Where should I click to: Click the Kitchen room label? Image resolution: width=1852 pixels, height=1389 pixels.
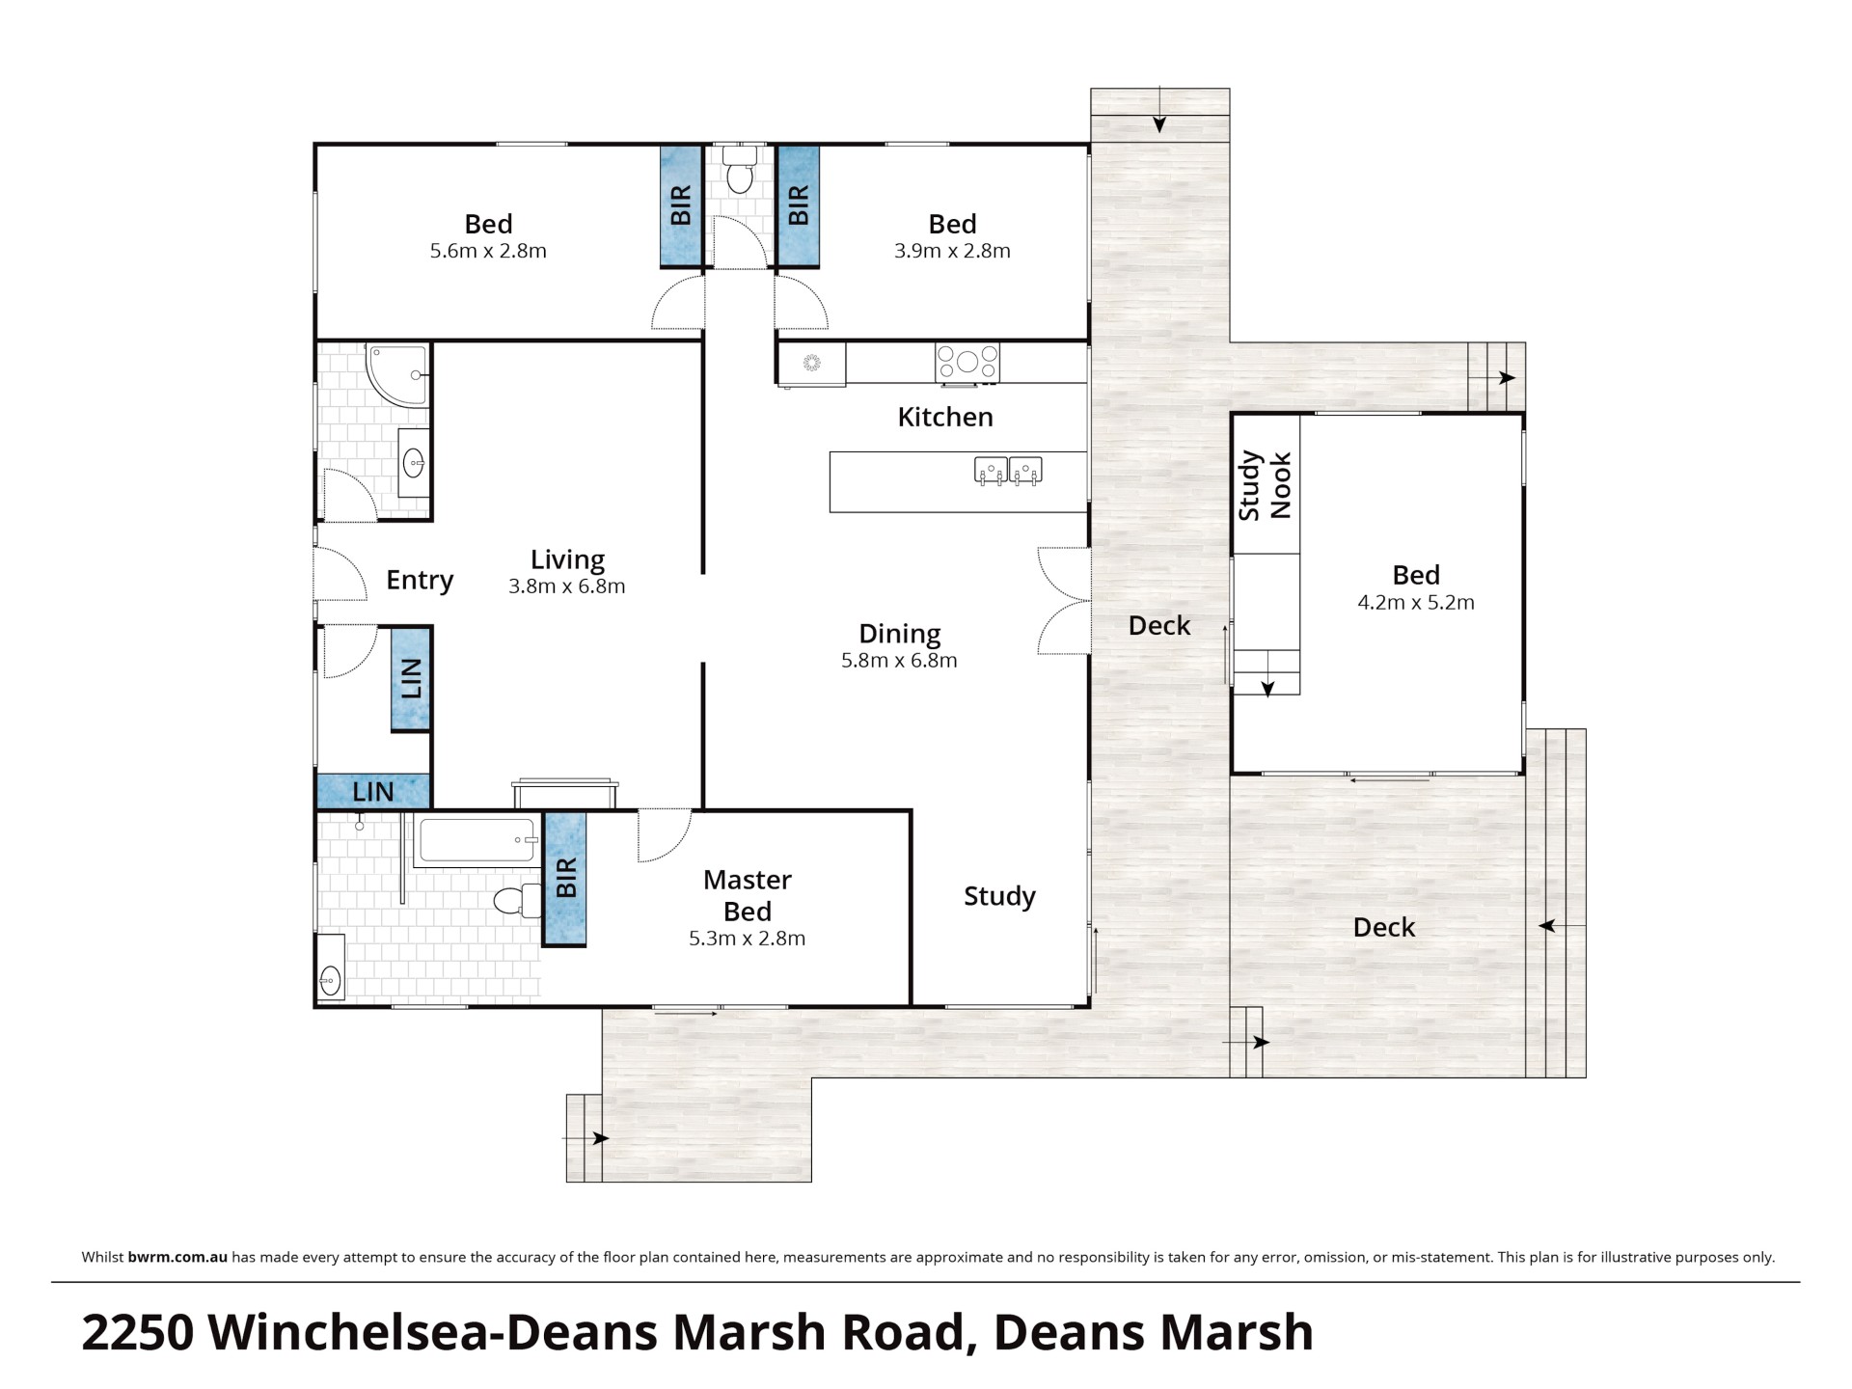tap(944, 417)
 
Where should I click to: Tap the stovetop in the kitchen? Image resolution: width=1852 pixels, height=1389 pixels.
tap(967, 363)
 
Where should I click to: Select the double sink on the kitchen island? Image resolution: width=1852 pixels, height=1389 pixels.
tap(1009, 471)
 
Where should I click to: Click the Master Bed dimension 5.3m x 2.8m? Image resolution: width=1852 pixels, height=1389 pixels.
tap(747, 939)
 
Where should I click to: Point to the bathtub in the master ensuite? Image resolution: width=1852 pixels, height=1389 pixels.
tap(477, 841)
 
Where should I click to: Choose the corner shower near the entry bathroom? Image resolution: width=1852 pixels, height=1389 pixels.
tap(396, 374)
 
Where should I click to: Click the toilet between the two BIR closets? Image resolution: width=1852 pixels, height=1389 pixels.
tap(740, 170)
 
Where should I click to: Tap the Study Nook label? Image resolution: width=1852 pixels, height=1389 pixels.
tap(1264, 485)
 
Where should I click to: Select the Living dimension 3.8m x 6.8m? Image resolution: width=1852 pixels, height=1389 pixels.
tap(567, 586)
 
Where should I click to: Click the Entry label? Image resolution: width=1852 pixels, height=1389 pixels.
tap(420, 580)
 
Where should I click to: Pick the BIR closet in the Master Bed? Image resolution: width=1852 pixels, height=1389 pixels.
tap(565, 879)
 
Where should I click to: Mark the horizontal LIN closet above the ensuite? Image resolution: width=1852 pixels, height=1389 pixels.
tap(373, 792)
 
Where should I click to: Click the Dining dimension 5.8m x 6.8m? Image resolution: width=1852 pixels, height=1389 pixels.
tap(899, 661)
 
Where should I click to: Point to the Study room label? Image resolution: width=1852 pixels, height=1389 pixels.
tap(999, 896)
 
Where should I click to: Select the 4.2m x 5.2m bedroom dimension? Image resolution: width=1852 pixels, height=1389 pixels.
tap(1416, 603)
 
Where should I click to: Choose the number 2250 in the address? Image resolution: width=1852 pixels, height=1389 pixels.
tap(139, 1333)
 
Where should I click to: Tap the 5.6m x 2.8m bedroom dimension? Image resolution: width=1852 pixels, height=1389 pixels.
tap(488, 251)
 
